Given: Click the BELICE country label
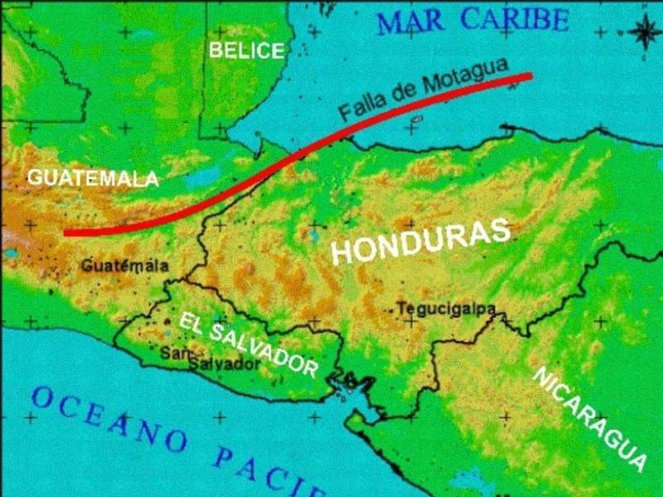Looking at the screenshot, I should click(246, 51).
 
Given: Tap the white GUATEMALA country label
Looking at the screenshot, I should click(92, 178).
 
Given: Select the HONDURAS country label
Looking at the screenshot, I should click(420, 241).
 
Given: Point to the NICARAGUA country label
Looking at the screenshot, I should click(589, 417).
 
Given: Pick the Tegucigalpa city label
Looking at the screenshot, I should click(446, 309).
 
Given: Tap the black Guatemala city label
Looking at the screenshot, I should click(125, 266).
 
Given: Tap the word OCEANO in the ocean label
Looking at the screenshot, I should click(108, 418).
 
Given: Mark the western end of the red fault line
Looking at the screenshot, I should click(67, 233).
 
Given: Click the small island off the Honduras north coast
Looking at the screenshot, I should click(416, 119).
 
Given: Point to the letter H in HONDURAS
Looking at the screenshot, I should click(342, 253).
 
